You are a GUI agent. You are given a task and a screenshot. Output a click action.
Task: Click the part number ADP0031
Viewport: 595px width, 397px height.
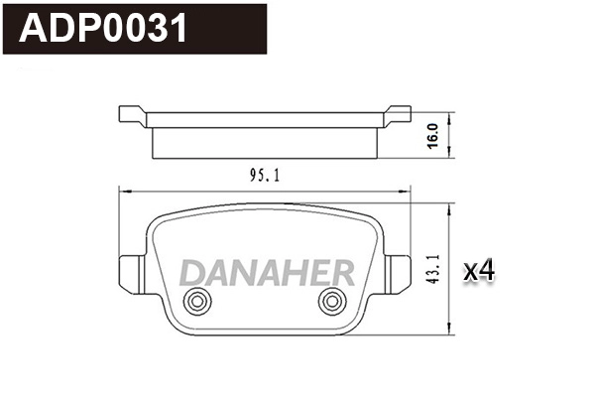tap(104, 30)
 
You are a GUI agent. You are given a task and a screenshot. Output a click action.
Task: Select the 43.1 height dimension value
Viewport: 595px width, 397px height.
tap(434, 269)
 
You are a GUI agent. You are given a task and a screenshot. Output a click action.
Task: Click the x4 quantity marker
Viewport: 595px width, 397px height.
tap(479, 269)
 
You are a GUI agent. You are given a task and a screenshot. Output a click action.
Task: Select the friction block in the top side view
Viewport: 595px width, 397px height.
tap(264, 142)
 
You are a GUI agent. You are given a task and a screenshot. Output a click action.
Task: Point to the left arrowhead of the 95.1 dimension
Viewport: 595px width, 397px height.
tap(123, 190)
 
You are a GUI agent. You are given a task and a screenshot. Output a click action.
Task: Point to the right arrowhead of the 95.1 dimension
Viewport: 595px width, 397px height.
tap(406, 190)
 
